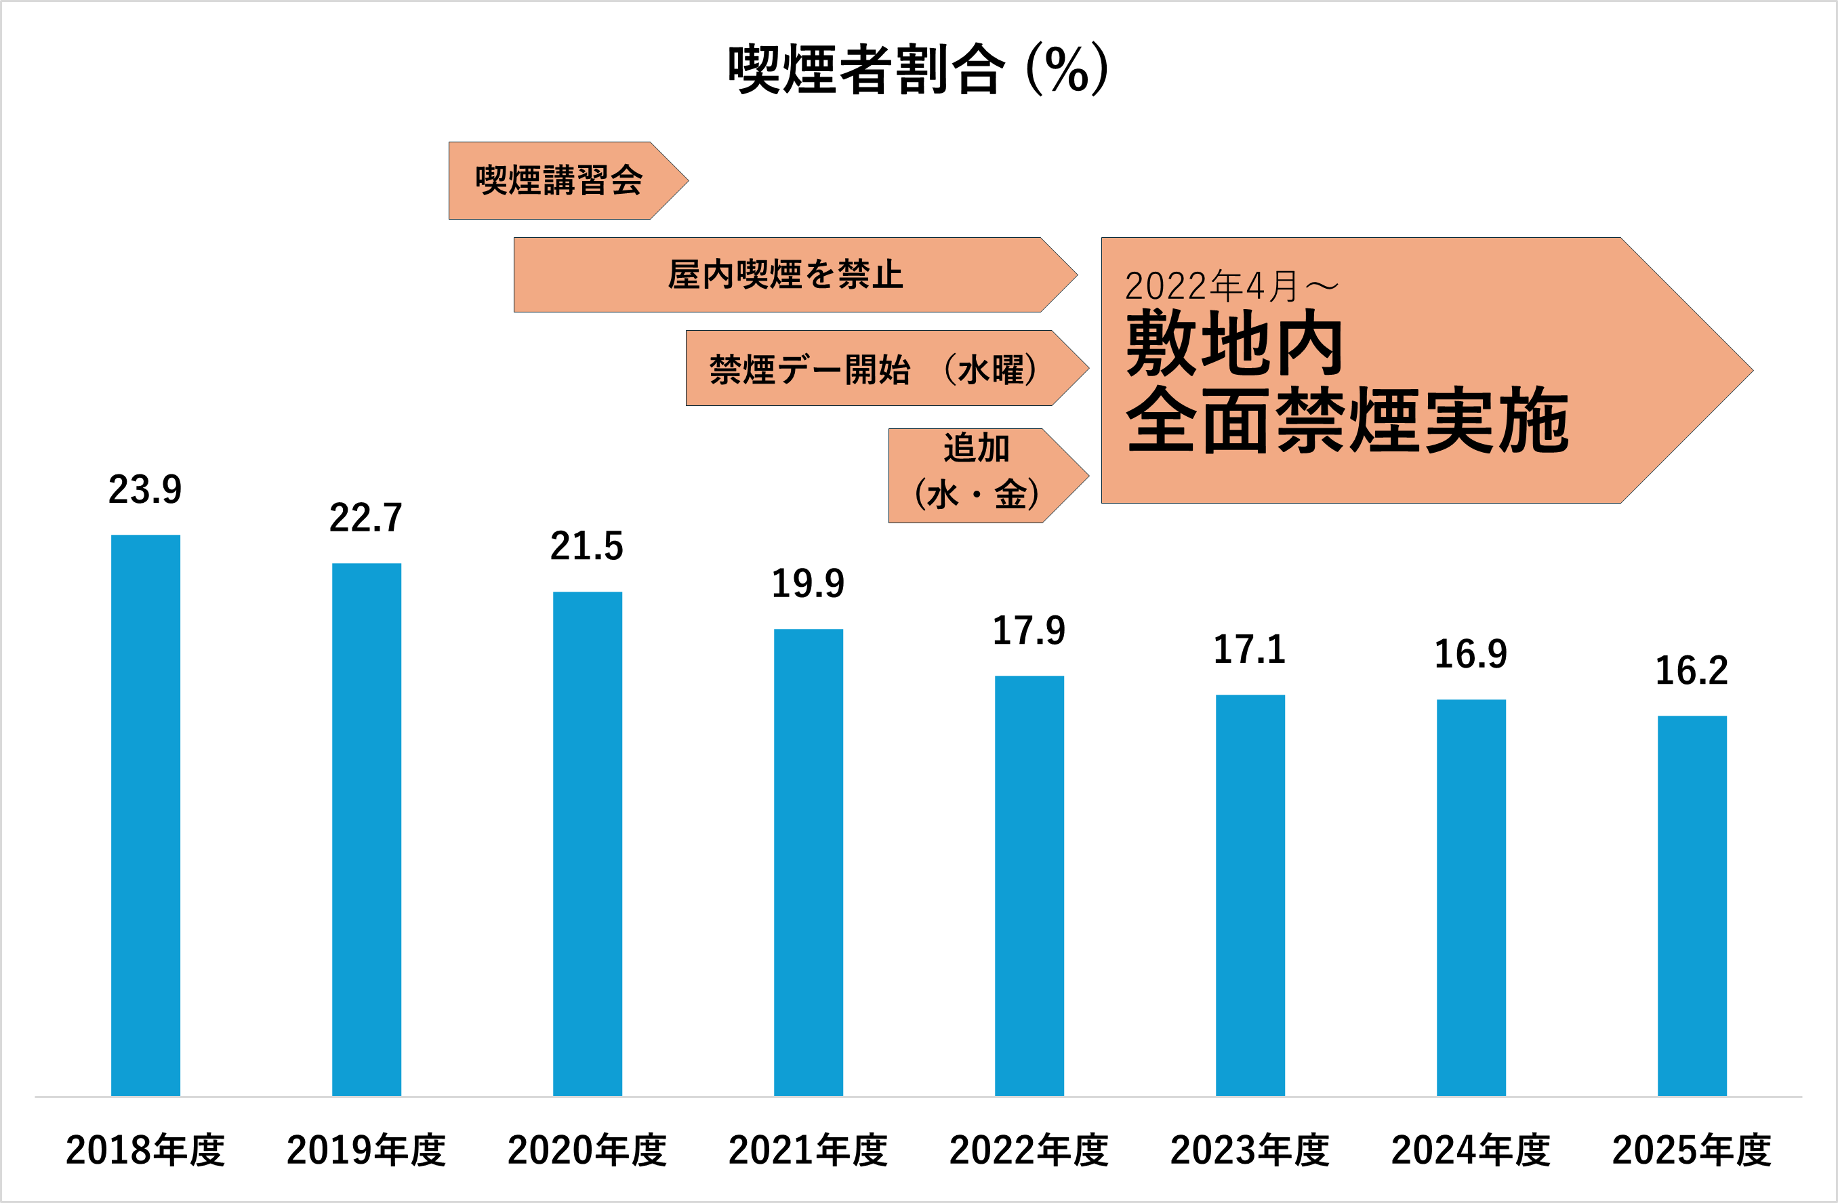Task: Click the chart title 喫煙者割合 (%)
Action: tap(918, 70)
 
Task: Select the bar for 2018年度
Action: tap(145, 815)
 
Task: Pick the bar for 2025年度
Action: tap(1692, 905)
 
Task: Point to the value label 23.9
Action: tap(145, 489)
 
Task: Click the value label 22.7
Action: tap(366, 517)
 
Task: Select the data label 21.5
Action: tap(587, 546)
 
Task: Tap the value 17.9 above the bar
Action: tap(1029, 630)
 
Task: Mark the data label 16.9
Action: tap(1471, 654)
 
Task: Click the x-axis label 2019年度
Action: tap(366, 1149)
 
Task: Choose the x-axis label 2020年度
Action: tap(587, 1149)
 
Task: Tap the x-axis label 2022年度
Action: tap(1029, 1149)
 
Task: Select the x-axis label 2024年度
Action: tap(1471, 1149)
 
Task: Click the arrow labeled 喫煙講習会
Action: tap(569, 181)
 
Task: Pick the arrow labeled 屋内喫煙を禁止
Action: tap(796, 275)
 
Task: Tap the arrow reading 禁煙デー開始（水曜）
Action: tap(887, 368)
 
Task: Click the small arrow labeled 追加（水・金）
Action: tap(989, 476)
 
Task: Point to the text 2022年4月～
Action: tap(1231, 286)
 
